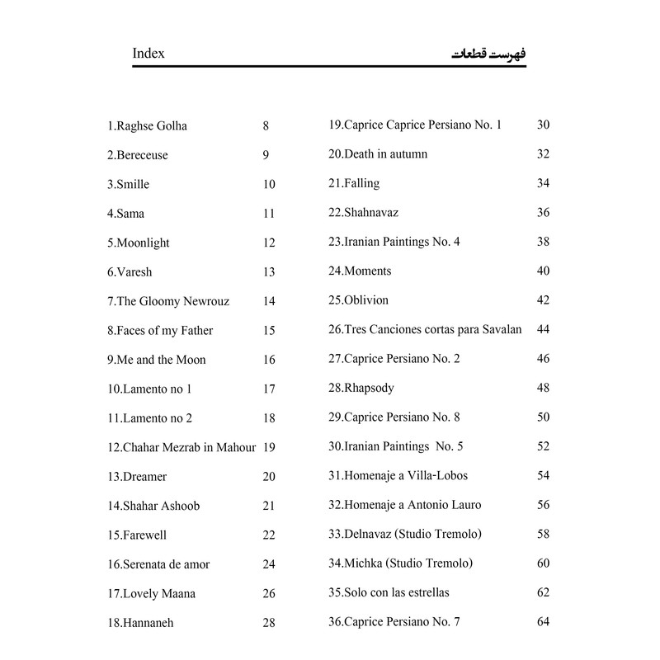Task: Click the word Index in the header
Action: [x=148, y=54]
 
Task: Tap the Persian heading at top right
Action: [x=489, y=54]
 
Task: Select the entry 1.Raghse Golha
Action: [x=147, y=126]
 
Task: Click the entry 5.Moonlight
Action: [x=138, y=243]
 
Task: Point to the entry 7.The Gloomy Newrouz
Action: [x=168, y=301]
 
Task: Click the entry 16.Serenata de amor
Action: [x=158, y=564]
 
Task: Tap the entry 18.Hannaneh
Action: [x=140, y=623]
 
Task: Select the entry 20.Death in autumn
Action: [x=378, y=154]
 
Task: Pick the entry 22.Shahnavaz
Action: [x=363, y=213]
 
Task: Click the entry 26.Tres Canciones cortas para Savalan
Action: [x=425, y=329]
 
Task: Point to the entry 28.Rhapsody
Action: [x=361, y=388]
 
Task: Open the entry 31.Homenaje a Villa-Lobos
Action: [x=398, y=476]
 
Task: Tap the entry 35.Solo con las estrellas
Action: [x=389, y=592]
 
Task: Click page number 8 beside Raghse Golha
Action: [x=266, y=126]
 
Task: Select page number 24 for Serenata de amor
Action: [x=269, y=564]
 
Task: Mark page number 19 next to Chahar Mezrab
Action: [x=269, y=447]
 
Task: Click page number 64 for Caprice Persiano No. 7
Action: [x=543, y=621]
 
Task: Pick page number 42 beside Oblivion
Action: [x=543, y=300]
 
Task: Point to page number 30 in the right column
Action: [x=543, y=125]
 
